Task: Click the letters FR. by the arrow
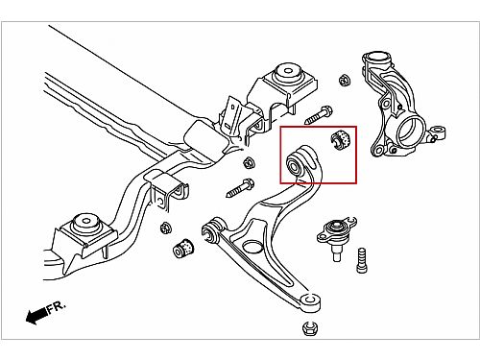point(57,307)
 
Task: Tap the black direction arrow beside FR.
point(36,316)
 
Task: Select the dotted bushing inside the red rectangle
point(341,139)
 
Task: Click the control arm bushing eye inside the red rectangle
point(295,164)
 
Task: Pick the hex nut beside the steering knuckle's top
point(345,80)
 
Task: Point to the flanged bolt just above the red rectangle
point(318,115)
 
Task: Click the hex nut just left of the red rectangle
point(249,163)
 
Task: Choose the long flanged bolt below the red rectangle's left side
point(240,188)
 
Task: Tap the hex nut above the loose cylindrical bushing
point(166,228)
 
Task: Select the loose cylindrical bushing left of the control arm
point(183,248)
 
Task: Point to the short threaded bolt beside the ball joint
point(362,260)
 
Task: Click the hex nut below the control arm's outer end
point(309,328)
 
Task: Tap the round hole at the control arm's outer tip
point(309,300)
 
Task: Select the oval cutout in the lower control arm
point(252,247)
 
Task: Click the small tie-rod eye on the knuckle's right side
point(439,132)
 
